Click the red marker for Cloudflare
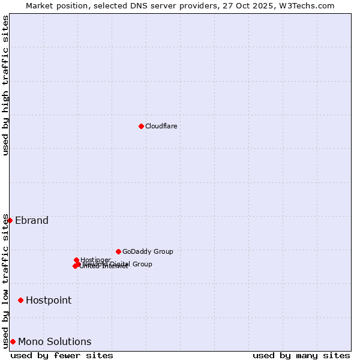(x=141, y=126)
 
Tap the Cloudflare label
(x=161, y=126)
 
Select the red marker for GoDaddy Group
(x=118, y=251)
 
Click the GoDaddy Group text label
(x=148, y=251)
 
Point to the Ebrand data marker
(x=10, y=220)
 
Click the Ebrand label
(x=32, y=220)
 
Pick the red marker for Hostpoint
(x=20, y=300)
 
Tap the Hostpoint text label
(x=49, y=300)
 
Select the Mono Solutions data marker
(x=13, y=341)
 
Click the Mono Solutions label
(x=55, y=341)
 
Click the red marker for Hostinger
(x=76, y=260)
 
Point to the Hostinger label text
(x=95, y=260)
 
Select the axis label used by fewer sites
(x=62, y=355)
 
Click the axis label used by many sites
(x=301, y=355)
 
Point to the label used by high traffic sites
(x=5, y=85)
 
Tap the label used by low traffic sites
(x=5, y=281)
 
